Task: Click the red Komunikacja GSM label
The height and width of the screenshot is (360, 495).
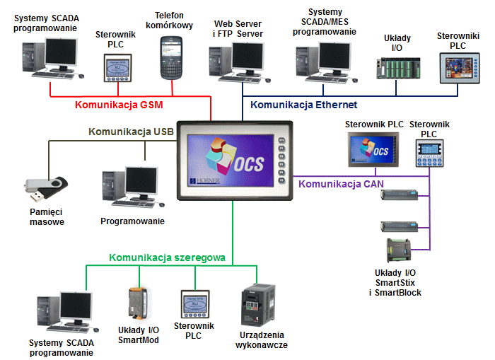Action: (118, 105)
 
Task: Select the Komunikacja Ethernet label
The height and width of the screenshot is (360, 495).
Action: (300, 105)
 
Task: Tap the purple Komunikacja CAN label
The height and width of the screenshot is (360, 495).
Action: (340, 184)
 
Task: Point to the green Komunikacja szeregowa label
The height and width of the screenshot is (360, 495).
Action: (167, 258)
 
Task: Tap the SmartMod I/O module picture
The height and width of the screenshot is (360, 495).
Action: (137, 305)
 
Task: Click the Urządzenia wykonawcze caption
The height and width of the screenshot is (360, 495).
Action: (260, 339)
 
